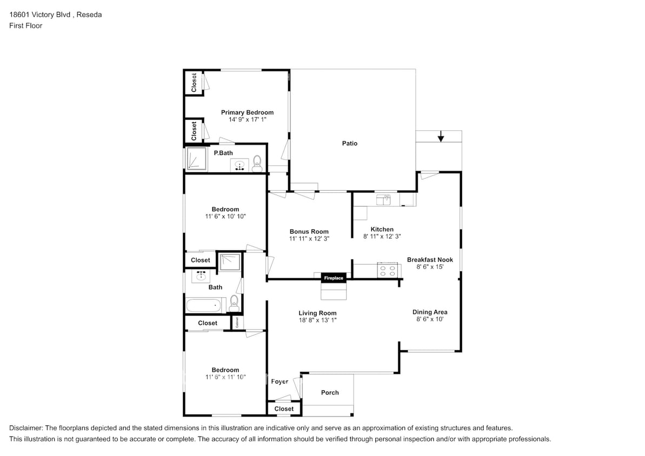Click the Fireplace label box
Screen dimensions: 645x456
coord(333,278)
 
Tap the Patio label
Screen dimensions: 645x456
coord(350,144)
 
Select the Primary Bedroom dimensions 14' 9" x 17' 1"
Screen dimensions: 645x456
coord(247,119)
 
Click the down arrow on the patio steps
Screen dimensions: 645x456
coord(441,137)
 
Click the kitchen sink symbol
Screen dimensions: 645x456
coord(383,200)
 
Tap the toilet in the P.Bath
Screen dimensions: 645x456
coord(257,164)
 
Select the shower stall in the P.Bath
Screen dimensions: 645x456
coord(197,158)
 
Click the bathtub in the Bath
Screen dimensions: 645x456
coord(204,305)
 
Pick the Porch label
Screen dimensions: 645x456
coord(330,393)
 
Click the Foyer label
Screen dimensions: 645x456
coord(280,381)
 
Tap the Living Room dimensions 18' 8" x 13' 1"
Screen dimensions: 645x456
coord(317,320)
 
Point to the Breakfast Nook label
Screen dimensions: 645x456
coord(430,260)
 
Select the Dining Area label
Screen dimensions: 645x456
coord(430,312)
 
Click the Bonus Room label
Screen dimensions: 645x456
coord(309,231)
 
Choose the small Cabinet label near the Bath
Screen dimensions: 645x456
coord(237,323)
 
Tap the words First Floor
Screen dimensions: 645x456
coord(25,25)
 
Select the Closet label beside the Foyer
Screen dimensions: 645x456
coord(284,408)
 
